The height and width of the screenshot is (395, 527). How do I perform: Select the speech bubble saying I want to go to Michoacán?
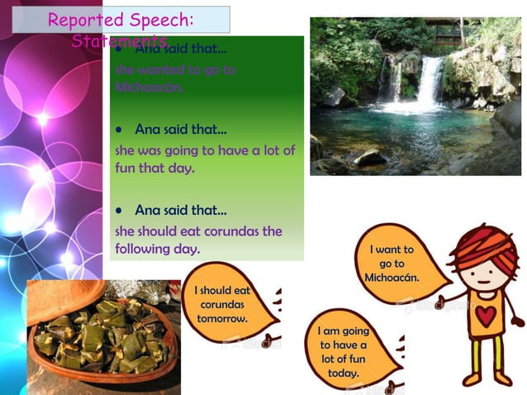[393, 263]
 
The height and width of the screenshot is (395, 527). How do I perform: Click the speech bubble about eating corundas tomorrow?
[222, 304]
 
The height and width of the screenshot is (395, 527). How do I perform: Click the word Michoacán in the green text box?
[150, 87]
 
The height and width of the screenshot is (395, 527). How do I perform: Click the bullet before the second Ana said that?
[121, 130]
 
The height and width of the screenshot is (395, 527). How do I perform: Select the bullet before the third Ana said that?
[121, 210]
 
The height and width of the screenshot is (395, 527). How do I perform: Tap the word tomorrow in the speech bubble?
[222, 318]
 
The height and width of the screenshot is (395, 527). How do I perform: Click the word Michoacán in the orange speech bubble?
[392, 277]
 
